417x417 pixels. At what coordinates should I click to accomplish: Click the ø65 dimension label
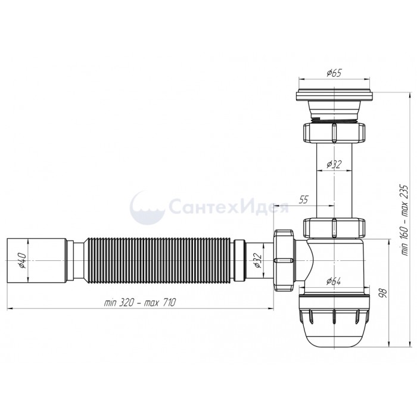point(334,73)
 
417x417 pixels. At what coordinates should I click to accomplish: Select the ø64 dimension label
point(334,281)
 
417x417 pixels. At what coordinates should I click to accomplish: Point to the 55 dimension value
point(303,200)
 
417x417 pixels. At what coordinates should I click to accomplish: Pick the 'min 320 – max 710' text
point(140,303)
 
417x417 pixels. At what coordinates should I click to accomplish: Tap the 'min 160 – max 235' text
point(404,220)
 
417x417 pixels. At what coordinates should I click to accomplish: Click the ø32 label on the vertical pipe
point(334,164)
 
